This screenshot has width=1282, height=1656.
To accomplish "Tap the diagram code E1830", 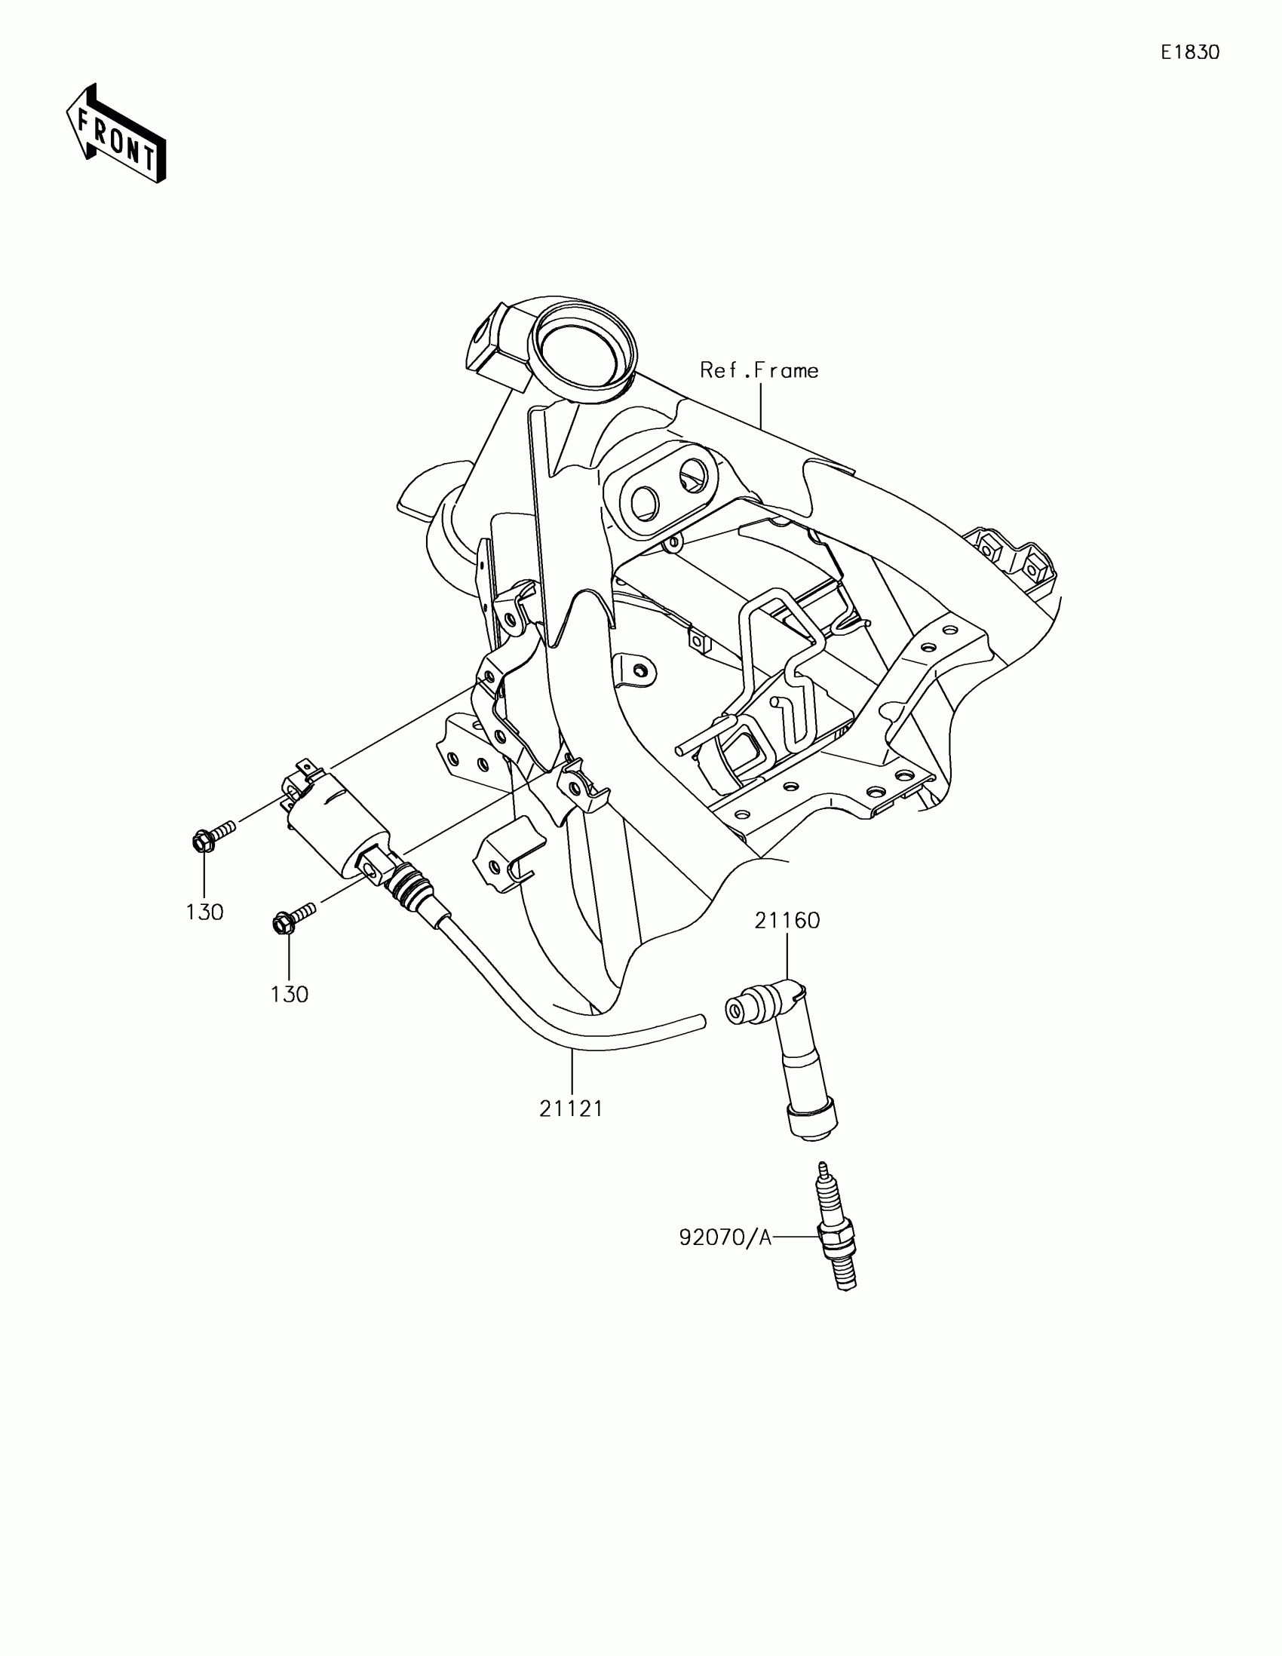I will coord(1189,52).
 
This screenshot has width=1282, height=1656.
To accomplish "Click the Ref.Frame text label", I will coord(759,371).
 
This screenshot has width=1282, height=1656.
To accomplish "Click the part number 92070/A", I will coord(724,1238).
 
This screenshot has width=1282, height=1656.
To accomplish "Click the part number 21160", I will coord(787,922).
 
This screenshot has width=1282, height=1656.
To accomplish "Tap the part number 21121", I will coord(571,1109).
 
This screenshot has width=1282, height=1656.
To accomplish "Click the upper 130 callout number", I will coord(204,912).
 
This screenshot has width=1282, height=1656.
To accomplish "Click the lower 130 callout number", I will coord(290,994).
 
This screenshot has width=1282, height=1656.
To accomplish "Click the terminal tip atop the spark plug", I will coord(822,1168).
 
